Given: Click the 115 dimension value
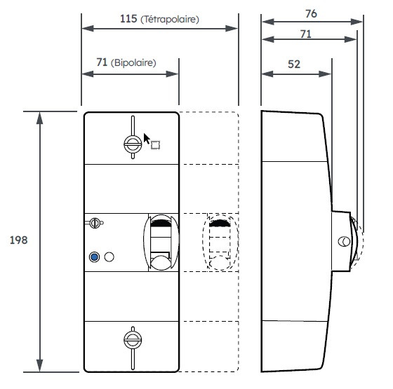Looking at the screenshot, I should tap(128, 20).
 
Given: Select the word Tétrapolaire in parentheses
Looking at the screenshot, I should tap(170, 20).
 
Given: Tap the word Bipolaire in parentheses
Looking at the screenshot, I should tap(134, 62).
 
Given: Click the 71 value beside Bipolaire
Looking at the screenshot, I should tap(102, 62).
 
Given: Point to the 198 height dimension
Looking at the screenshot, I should tap(18, 240).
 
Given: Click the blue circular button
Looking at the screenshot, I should tap(94, 257).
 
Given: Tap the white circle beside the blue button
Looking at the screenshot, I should tap(109, 257).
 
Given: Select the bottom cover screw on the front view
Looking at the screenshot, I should tap(131, 340).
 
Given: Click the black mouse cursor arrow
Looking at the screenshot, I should tap(147, 138).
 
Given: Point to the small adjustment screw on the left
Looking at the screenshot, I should tap(95, 224).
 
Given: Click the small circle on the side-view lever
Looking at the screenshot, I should tap(343, 242).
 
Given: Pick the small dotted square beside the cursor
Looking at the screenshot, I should tap(156, 145).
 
